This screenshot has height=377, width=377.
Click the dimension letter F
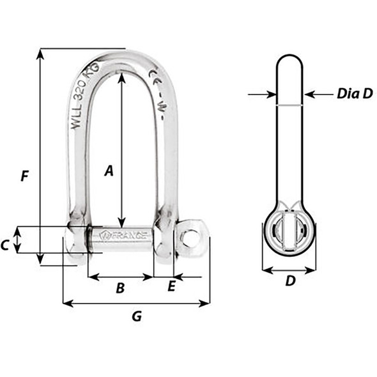point(24,176)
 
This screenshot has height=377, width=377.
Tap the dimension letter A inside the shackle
point(109,171)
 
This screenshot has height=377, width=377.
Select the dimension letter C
point(4,243)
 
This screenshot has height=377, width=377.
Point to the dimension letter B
point(119,288)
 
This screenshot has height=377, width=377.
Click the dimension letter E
point(171,287)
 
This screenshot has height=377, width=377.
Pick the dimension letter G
point(135,315)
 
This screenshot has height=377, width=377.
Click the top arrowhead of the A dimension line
point(121,75)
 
